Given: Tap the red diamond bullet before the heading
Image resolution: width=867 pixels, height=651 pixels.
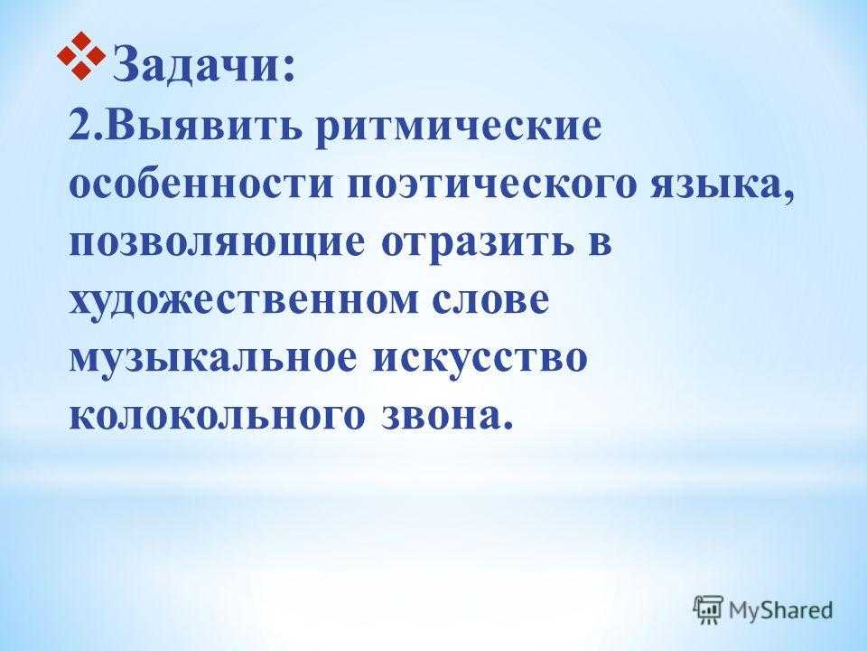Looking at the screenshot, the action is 81,55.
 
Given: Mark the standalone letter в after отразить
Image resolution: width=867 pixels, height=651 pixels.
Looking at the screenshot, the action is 599,244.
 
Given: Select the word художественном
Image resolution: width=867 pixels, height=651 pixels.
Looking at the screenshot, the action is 243,303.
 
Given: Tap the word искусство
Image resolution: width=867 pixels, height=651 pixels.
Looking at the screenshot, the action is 479,359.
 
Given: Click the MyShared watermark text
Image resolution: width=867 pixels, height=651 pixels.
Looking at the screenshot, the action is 780,610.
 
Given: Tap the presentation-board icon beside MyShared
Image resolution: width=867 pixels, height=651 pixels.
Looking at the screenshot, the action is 708,610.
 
